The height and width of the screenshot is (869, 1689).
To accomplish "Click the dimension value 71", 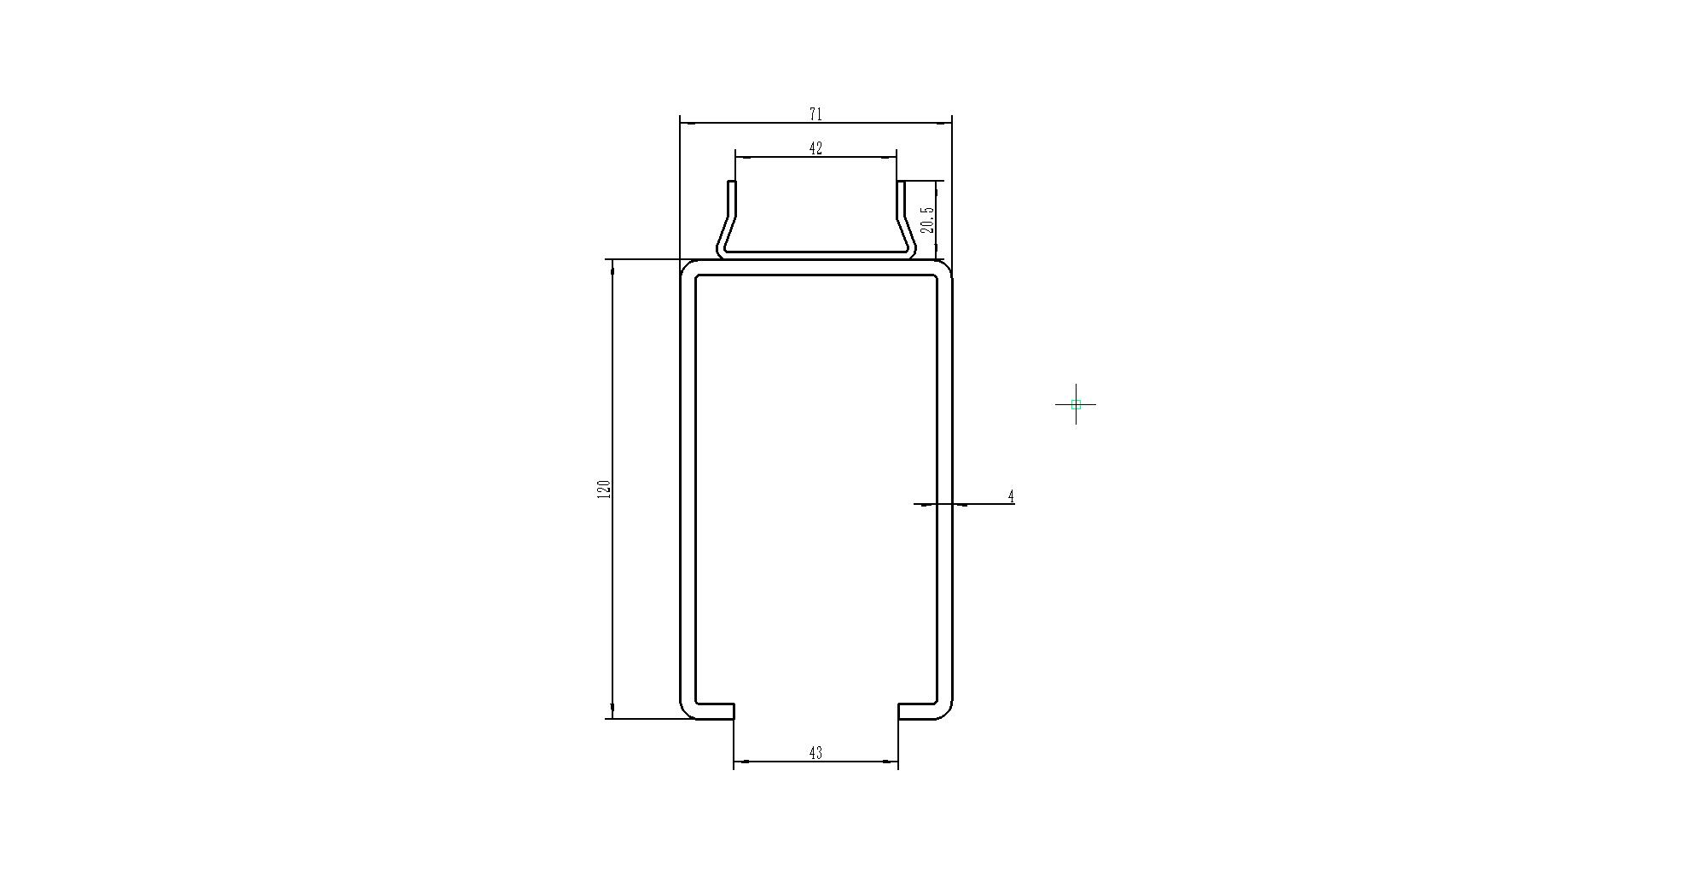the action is point(815,114).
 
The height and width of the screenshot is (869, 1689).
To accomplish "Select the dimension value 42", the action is point(815,148).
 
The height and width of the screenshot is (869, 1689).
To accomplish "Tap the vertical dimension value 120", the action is point(604,490).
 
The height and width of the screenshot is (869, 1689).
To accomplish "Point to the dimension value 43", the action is point(815,753).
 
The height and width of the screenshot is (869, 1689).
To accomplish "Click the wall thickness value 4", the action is point(1012,496).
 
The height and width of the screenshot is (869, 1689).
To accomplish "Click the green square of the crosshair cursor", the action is point(1076,404).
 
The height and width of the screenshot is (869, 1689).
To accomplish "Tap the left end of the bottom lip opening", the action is point(734,711).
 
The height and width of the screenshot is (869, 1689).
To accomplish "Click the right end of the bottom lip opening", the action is point(898,711).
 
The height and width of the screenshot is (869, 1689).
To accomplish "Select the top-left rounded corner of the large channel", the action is point(686,265).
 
